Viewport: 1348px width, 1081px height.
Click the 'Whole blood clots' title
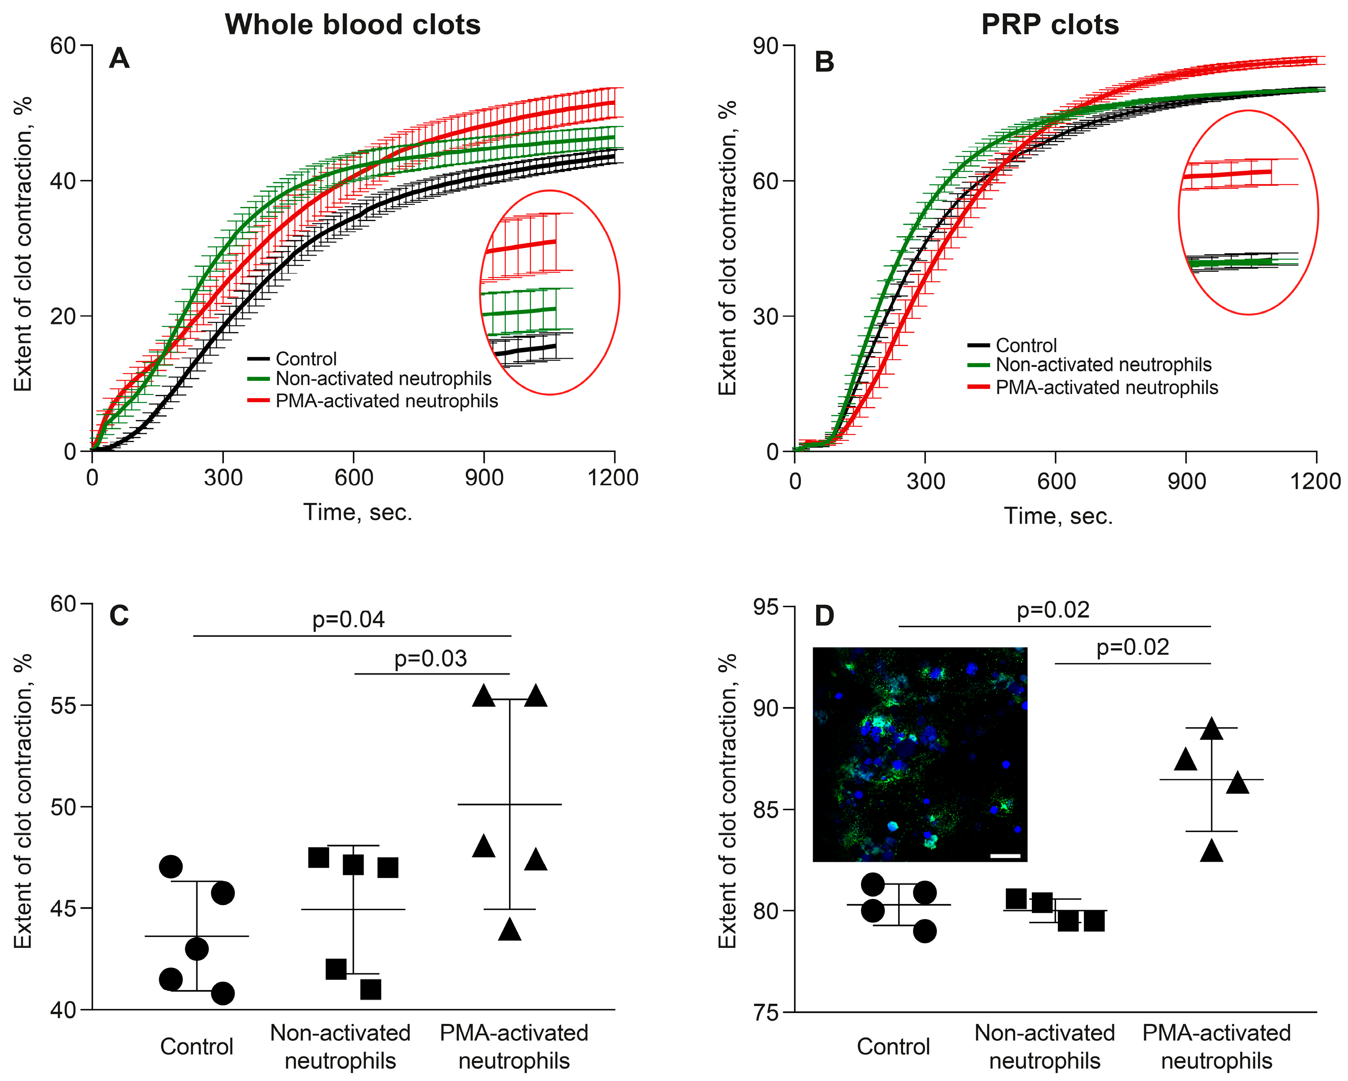coord(352,25)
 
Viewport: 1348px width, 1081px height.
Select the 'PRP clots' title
coord(1050,25)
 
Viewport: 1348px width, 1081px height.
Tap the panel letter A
coord(119,59)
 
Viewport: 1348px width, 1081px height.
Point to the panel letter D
coord(824,616)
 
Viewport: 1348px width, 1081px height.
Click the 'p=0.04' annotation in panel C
coord(348,620)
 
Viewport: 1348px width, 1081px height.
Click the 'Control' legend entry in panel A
coord(306,359)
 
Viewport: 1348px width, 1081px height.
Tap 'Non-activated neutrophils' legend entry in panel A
coord(383,379)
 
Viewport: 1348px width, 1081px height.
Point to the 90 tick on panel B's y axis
coord(765,46)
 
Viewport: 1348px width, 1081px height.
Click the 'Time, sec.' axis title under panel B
coord(1058,516)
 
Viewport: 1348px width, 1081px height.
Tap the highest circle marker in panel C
coord(171,867)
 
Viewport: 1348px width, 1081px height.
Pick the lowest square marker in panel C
coord(371,990)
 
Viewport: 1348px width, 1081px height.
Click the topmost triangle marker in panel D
coord(1212,729)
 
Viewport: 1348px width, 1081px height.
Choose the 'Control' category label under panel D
coord(893,1046)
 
